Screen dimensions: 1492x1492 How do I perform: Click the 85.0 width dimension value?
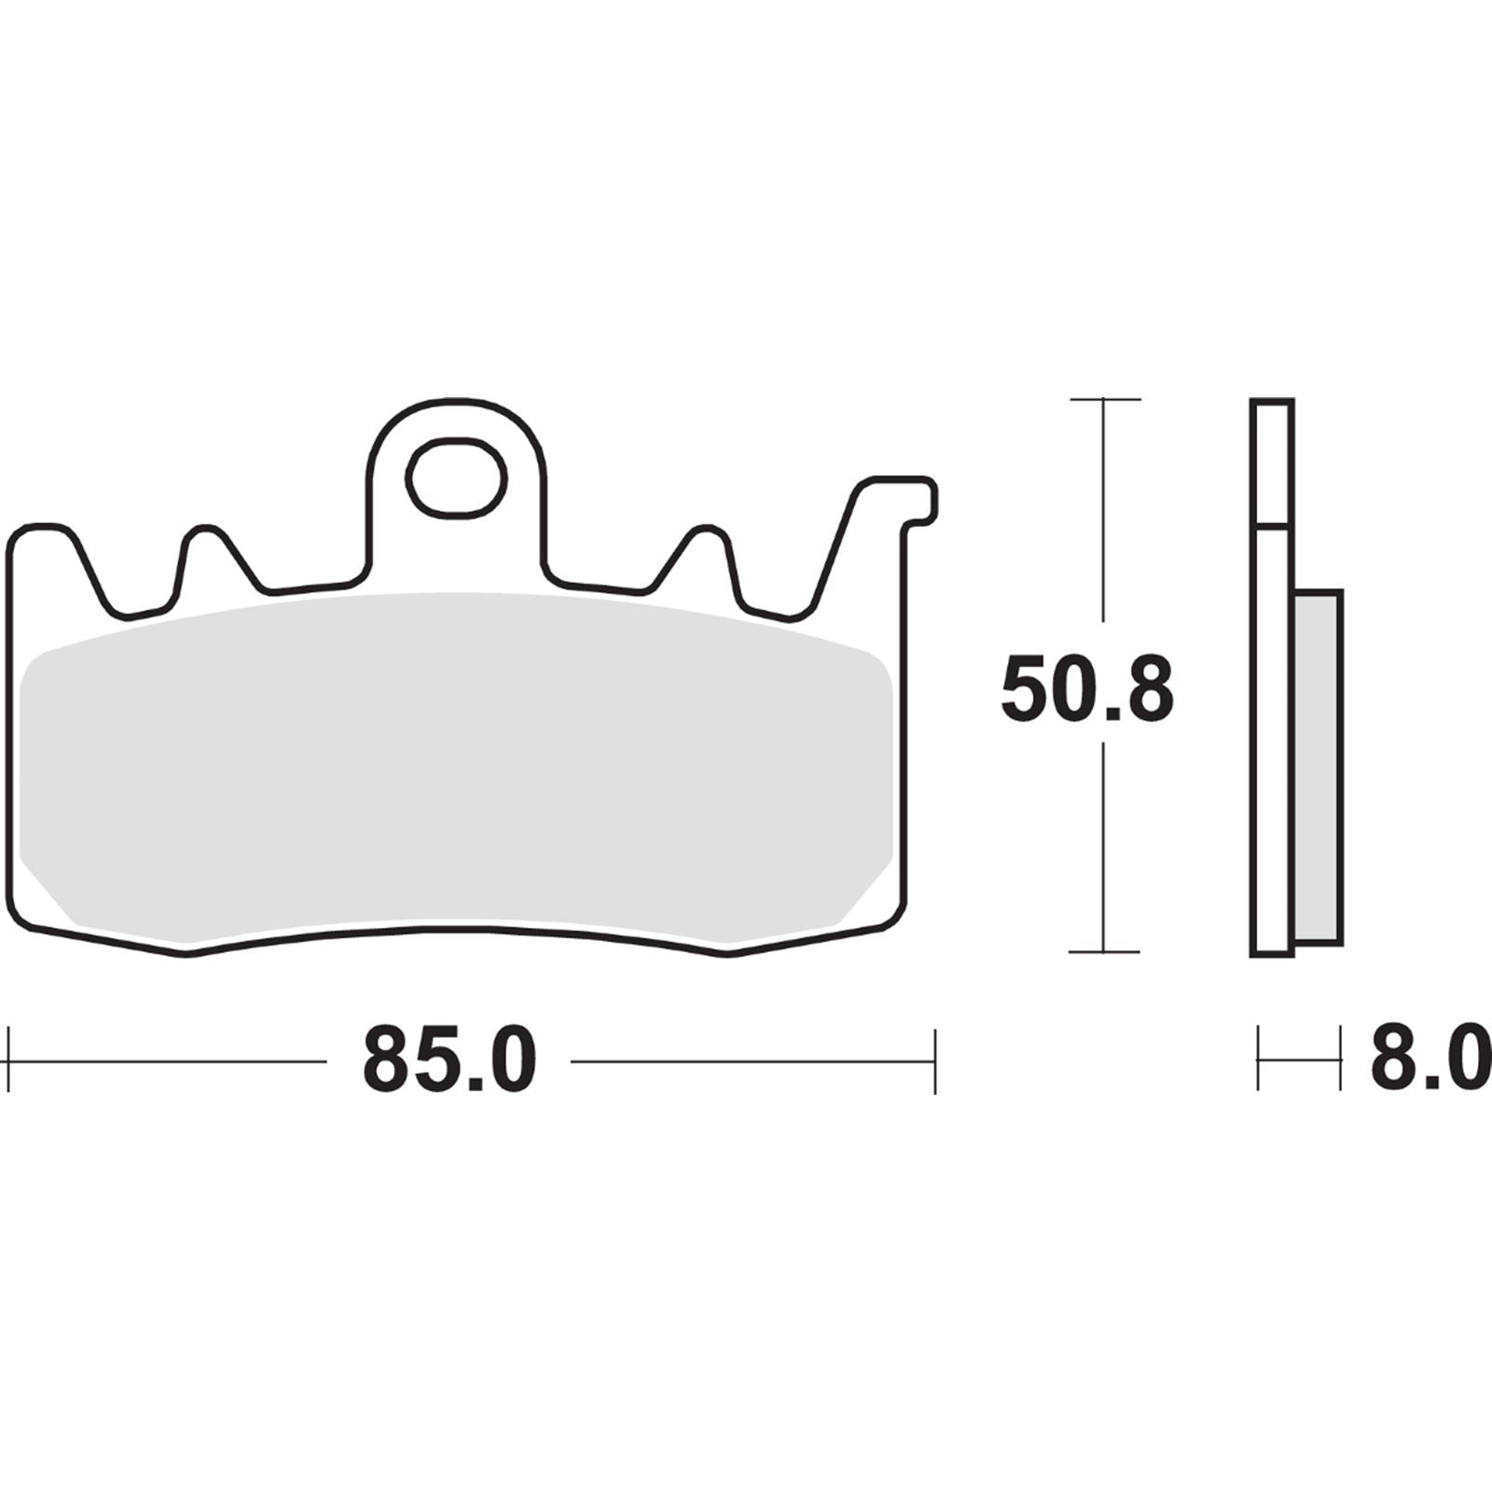tap(449, 1061)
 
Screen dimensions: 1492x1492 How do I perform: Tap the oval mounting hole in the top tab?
tap(456, 478)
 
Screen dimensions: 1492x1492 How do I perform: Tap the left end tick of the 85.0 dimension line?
tap(8, 1060)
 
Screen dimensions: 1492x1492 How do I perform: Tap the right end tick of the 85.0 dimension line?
tap(934, 1060)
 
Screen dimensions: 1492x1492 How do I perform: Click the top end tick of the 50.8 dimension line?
tap(1104, 399)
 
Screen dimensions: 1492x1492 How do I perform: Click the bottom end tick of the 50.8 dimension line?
tap(1104, 952)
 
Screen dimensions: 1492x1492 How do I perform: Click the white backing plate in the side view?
tap(1271, 746)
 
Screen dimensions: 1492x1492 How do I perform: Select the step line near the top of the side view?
tap(1272, 525)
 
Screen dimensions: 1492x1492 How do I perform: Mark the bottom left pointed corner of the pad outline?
tap(185, 953)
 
